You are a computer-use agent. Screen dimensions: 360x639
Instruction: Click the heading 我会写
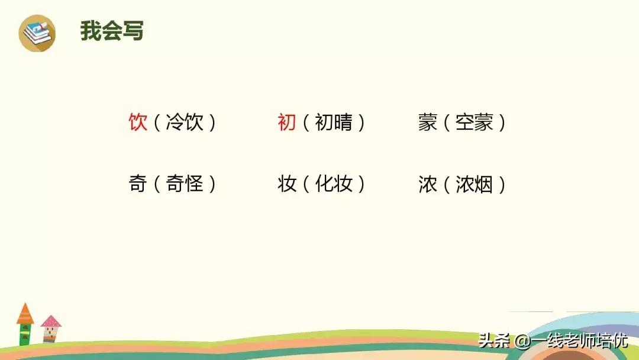coord(112,31)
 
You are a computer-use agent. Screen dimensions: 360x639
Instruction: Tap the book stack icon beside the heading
coord(37,33)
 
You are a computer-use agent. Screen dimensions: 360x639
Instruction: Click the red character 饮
coord(138,123)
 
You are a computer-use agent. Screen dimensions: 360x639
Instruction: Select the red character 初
coord(287,123)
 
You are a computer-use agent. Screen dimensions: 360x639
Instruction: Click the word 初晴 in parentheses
coord(334,123)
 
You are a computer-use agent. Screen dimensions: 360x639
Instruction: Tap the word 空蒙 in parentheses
coord(475,123)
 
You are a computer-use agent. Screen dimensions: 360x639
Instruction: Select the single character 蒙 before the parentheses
coord(428,123)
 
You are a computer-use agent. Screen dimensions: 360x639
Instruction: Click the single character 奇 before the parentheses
coord(138,184)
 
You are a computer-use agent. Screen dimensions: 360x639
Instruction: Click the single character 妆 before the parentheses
coord(287,184)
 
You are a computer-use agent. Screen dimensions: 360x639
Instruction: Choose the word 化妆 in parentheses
coord(334,184)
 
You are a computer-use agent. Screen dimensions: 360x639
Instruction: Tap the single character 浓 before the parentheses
coord(428,184)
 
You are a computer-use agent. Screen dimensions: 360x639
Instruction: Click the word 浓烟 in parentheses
coord(475,184)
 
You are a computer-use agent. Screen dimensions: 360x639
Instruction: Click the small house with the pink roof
coord(51,328)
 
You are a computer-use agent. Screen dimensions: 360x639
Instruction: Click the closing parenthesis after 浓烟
coord(502,184)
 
